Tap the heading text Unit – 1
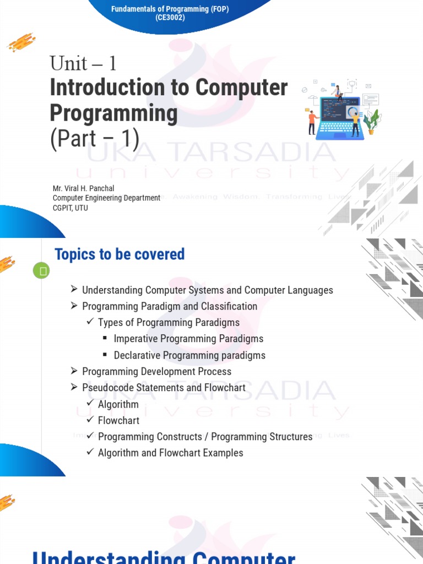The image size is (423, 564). (x=83, y=64)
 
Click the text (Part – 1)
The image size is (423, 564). (x=95, y=138)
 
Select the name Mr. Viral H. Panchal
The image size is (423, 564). (x=83, y=188)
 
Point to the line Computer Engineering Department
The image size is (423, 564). (x=106, y=198)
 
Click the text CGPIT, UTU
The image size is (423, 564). (x=70, y=208)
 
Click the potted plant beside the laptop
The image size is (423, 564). (x=373, y=121)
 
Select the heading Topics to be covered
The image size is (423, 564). (x=120, y=254)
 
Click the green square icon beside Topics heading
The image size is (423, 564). (x=41, y=270)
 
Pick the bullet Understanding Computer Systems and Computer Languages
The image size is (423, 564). (x=207, y=290)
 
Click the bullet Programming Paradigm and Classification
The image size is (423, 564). (x=169, y=306)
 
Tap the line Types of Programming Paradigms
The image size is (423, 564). (x=169, y=322)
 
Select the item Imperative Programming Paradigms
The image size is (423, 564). (x=188, y=339)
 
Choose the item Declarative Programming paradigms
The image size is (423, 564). (x=189, y=355)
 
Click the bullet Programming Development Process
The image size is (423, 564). (x=156, y=371)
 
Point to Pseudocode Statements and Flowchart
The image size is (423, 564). (x=164, y=388)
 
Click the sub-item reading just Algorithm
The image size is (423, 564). (x=118, y=404)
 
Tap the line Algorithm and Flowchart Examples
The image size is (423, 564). (x=170, y=453)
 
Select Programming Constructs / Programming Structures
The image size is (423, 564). (x=205, y=437)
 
